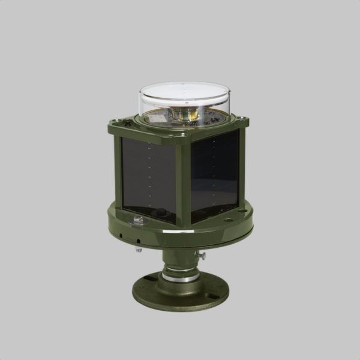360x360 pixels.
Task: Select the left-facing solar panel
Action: coord(149,177)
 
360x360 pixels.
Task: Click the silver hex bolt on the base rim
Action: coord(138,221)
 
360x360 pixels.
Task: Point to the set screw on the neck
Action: coord(202,256)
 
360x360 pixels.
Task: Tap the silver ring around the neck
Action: coord(180,277)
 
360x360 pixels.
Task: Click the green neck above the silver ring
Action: coord(180,261)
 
